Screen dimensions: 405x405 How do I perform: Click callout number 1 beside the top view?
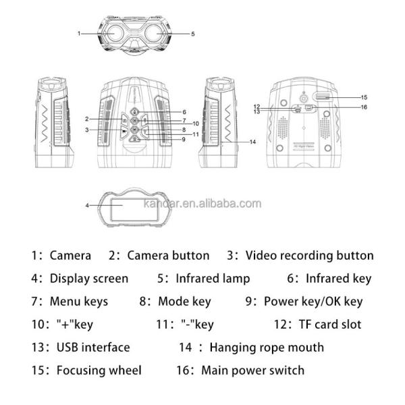coord(79,33)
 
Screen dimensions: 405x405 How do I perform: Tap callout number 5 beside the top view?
coord(193,33)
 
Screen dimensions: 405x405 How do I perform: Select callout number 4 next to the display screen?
coord(88,205)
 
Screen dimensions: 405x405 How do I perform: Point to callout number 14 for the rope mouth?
coord(252,142)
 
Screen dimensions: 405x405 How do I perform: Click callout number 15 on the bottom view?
coord(363,97)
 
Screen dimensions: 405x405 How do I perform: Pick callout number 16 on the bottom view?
coord(363,107)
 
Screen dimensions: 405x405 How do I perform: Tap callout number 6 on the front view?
coord(184,112)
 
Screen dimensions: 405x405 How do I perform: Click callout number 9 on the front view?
coord(183,139)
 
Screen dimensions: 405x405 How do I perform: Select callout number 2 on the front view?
coord(87,119)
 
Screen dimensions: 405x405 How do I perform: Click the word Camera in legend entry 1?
coord(70,256)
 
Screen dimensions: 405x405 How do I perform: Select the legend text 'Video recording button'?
coord(309,256)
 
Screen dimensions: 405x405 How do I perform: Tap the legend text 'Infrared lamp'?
coord(213,278)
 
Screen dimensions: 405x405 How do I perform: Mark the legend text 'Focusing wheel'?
coord(99,371)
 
